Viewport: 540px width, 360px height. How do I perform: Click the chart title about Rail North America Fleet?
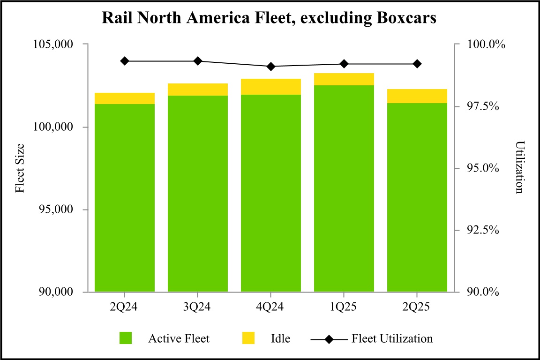270,18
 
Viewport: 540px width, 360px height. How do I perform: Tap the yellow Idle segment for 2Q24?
125,98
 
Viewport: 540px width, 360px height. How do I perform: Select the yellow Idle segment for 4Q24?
271,87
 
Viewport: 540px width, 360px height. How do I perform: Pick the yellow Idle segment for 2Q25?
417,96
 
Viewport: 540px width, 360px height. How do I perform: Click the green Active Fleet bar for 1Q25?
344,187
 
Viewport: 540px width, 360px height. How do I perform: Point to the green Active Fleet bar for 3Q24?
198,192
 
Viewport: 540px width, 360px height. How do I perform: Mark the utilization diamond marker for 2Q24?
125,61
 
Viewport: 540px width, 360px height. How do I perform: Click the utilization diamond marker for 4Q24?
271,67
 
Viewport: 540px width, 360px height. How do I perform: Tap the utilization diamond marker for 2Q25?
417,64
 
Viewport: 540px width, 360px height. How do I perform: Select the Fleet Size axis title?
20,168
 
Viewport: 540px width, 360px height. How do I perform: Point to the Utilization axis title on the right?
519,168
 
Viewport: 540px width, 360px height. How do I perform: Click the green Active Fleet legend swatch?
126,338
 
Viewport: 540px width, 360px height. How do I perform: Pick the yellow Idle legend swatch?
248,338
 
